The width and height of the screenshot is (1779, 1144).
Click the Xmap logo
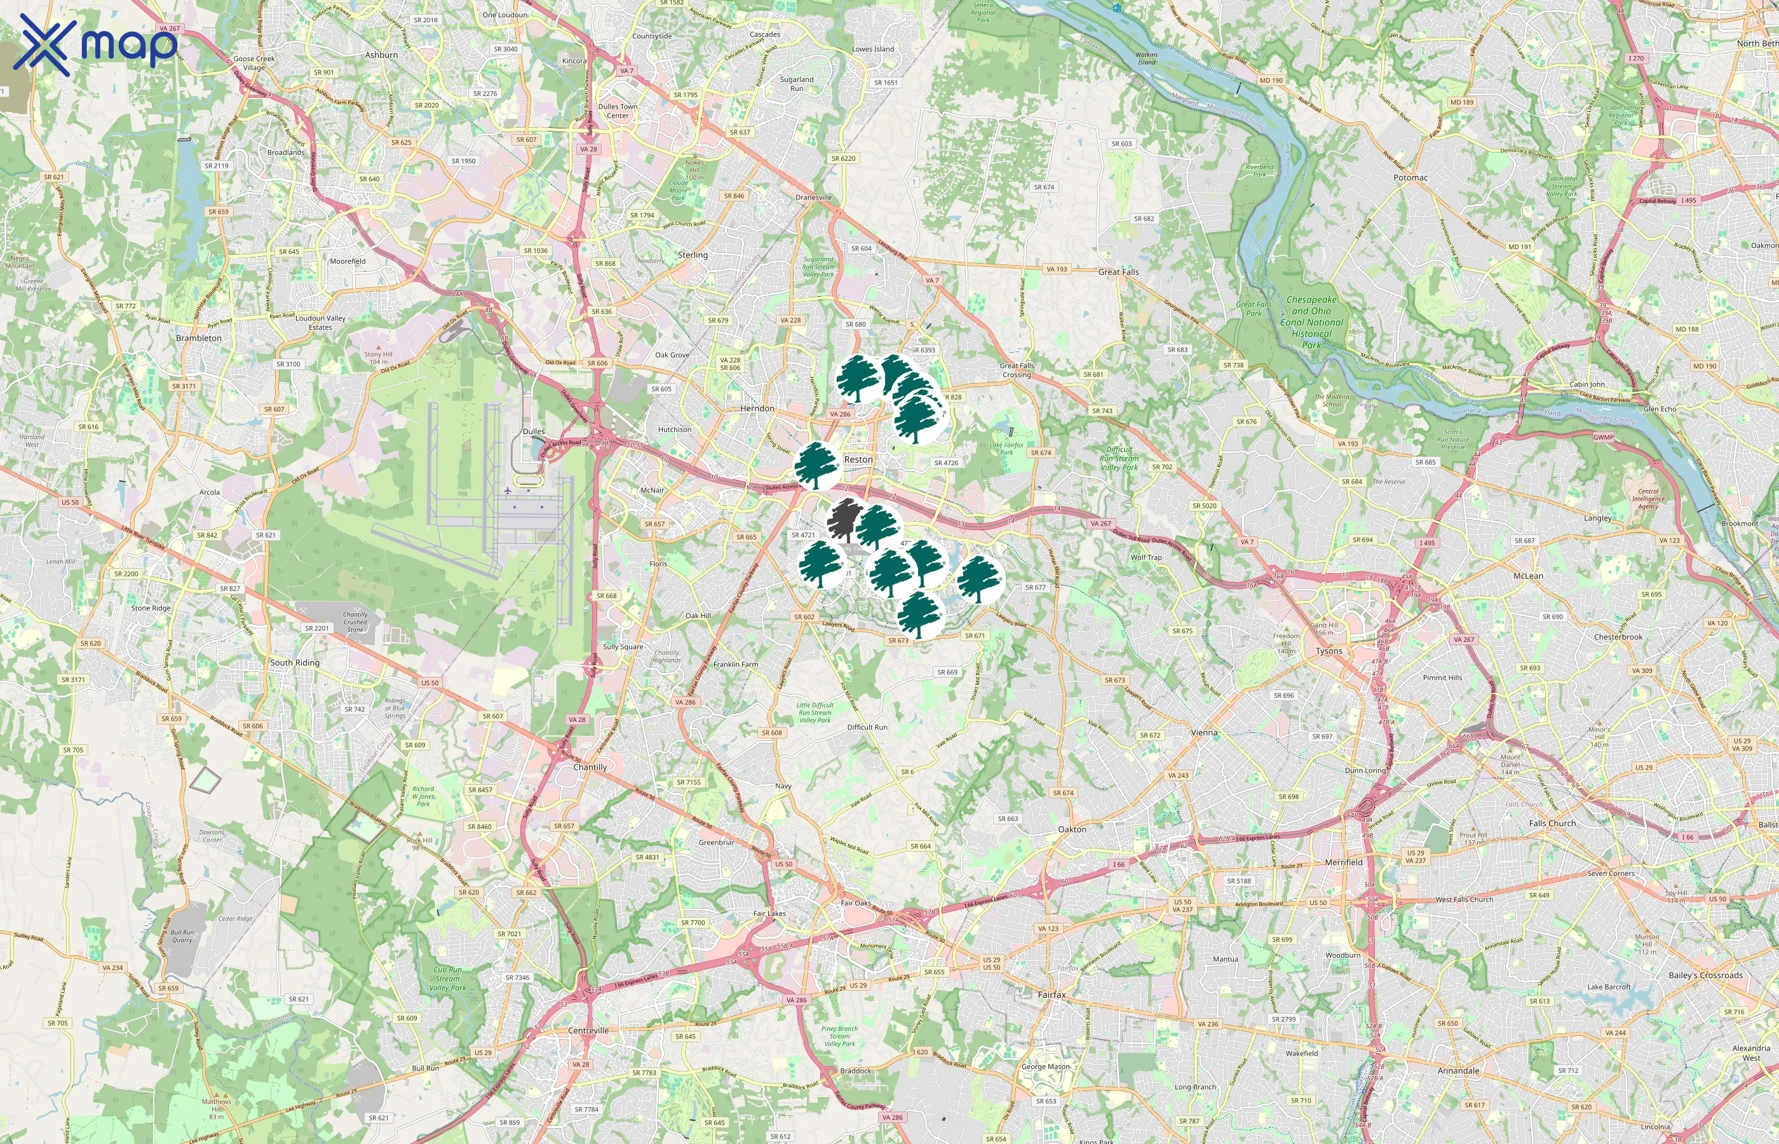[97, 44]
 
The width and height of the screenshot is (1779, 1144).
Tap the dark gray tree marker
[842, 519]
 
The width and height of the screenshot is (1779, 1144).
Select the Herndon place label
[757, 409]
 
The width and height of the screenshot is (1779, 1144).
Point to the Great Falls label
[1118, 272]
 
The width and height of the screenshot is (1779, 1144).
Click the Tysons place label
[1329, 651]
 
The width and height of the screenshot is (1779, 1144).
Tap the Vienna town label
[1203, 732]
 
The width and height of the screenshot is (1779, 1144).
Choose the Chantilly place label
[590, 767]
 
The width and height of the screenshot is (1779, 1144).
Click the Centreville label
[588, 1031]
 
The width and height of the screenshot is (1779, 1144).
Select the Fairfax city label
[1052, 995]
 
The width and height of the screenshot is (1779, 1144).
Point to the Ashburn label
[382, 55]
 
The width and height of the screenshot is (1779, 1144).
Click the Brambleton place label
[199, 338]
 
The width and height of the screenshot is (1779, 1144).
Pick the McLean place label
[1528, 576]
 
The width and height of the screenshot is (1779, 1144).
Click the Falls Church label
[1552, 824]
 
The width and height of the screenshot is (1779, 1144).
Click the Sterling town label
[693, 255]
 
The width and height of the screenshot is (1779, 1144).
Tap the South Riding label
[295, 663]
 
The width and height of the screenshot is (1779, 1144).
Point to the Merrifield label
[1343, 862]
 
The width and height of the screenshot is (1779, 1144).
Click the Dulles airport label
[533, 432]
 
